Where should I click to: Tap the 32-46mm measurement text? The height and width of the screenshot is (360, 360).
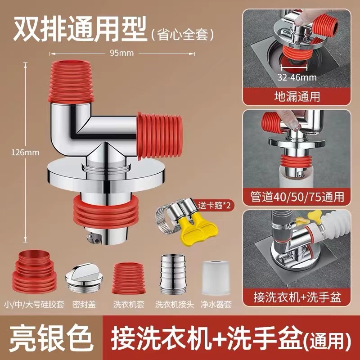[x=297, y=77]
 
